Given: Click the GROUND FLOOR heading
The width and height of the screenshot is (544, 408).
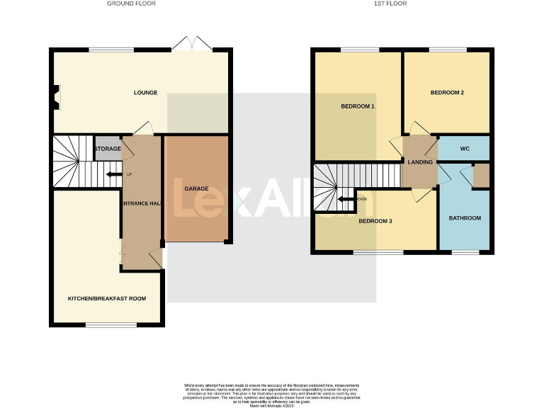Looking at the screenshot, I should pyautogui.click(x=131, y=4).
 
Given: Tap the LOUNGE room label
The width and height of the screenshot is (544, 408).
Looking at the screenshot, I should pyautogui.click(x=146, y=93).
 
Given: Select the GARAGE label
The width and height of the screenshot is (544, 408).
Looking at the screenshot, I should pyautogui.click(x=196, y=189).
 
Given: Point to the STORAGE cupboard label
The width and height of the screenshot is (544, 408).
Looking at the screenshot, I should pyautogui.click(x=107, y=149).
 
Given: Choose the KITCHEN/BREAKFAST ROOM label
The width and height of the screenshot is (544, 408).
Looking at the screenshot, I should pyautogui.click(x=107, y=298).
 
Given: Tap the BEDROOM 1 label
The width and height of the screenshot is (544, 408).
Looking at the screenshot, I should pyautogui.click(x=358, y=106).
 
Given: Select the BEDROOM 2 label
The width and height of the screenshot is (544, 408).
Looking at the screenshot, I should pyautogui.click(x=447, y=93).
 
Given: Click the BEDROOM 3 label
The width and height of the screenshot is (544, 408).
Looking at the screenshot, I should pyautogui.click(x=375, y=221).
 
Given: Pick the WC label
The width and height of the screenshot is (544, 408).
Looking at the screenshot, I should pyautogui.click(x=465, y=149).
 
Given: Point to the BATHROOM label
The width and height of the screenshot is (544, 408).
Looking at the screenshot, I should pyautogui.click(x=465, y=218).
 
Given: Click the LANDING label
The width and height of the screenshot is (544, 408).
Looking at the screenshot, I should pyautogui.click(x=420, y=162).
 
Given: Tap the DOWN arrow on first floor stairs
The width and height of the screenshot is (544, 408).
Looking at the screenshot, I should pyautogui.click(x=347, y=199).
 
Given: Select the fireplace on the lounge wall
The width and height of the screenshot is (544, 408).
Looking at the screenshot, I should pyautogui.click(x=55, y=97).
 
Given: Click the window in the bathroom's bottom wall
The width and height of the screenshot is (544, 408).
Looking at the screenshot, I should pyautogui.click(x=465, y=251).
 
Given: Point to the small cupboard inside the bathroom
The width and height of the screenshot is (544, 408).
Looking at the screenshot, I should pyautogui.click(x=481, y=176).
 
